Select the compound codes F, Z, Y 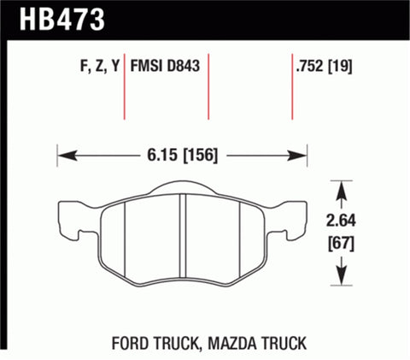pos(90,66)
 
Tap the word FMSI pos(149,66)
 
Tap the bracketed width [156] pos(198,156)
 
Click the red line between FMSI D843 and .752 pos(209,90)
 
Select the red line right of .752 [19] pos(293,90)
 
